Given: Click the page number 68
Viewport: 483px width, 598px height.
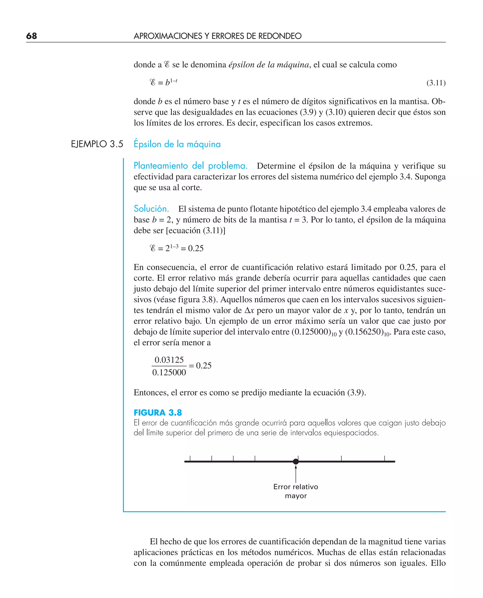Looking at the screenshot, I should click(x=31, y=36).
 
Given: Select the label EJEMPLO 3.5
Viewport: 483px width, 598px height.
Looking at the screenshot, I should click(x=97, y=144).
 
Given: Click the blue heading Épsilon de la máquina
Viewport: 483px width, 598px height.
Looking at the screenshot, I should click(x=177, y=144).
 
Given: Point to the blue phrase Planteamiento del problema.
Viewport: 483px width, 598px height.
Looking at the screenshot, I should click(x=190, y=166).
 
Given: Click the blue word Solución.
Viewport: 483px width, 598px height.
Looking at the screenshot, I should click(x=151, y=209).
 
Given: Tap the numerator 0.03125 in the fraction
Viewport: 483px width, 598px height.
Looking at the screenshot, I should click(x=169, y=360).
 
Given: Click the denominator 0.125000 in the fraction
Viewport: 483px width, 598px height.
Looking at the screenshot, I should click(x=169, y=372).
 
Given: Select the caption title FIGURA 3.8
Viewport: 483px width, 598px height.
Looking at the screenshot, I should click(x=158, y=412).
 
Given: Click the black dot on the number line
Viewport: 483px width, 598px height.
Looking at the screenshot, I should click(x=296, y=461).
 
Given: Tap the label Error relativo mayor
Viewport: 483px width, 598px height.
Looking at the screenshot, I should click(x=296, y=491).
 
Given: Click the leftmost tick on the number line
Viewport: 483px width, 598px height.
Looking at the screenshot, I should click(x=190, y=458).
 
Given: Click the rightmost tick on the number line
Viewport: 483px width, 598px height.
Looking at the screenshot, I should click(x=384, y=458).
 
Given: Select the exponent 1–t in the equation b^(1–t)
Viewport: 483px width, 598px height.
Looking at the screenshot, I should click(x=174, y=81).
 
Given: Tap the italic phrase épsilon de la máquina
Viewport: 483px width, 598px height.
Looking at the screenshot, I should click(x=268, y=65).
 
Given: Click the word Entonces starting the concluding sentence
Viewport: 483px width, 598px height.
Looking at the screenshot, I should click(x=150, y=392).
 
